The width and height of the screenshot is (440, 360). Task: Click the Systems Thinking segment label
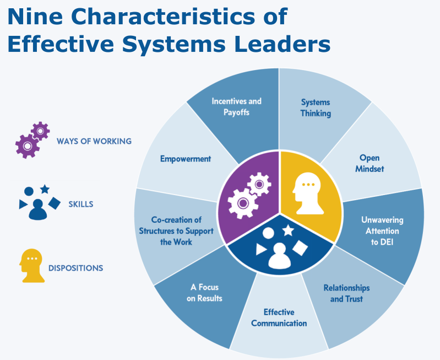(x=316, y=108)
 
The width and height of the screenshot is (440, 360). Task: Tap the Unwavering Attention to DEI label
(x=382, y=230)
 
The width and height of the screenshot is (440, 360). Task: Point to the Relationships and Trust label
(x=346, y=293)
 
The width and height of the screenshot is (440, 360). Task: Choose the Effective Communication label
(x=279, y=318)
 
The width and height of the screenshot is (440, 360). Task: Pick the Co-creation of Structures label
(x=176, y=231)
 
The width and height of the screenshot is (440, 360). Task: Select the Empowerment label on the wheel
(x=186, y=159)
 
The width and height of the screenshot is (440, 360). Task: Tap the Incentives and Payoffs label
(x=236, y=106)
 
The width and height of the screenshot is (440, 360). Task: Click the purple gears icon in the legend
(x=32, y=138)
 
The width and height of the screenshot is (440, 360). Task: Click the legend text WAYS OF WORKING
(x=94, y=141)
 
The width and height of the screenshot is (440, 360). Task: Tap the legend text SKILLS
(x=80, y=204)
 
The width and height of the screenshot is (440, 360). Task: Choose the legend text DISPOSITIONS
(x=75, y=268)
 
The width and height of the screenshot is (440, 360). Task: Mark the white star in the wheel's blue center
(x=287, y=230)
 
